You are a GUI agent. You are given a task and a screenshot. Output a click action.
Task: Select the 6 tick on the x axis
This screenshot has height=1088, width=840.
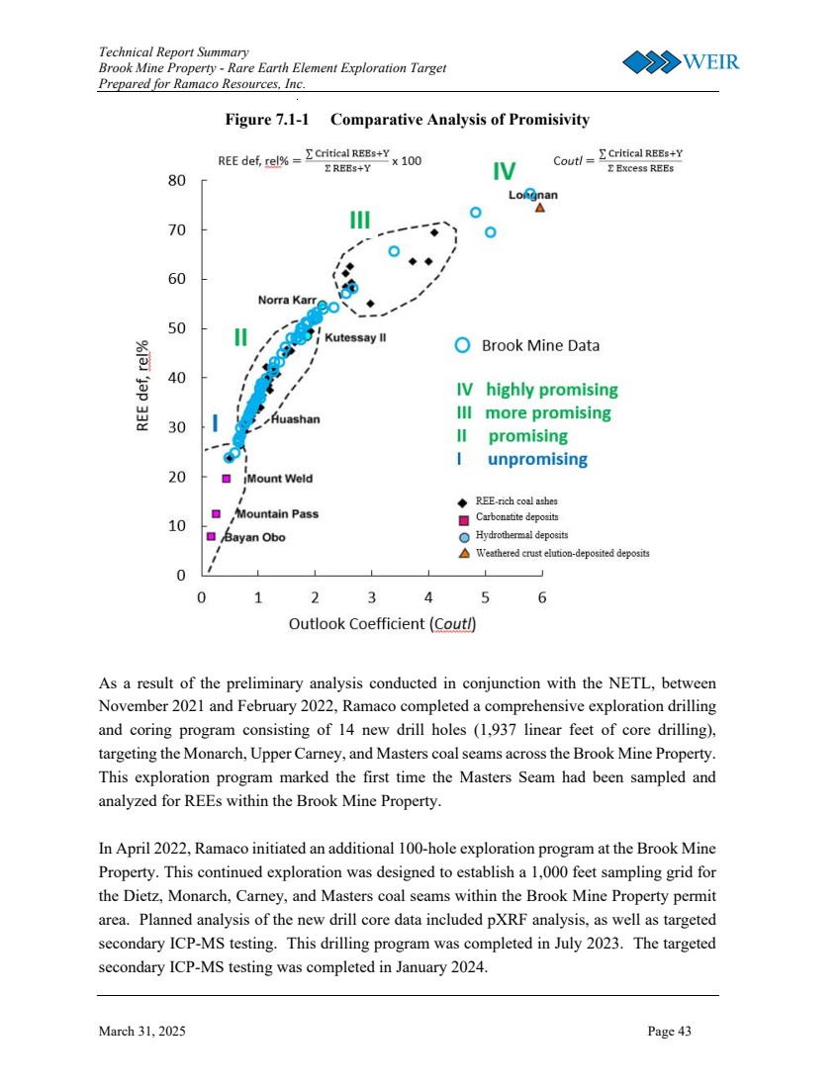(x=541, y=597)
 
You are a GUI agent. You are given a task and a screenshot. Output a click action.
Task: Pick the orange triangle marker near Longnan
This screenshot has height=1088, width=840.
(x=539, y=208)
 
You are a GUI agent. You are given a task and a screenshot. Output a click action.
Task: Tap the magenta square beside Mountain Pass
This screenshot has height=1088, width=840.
(x=216, y=514)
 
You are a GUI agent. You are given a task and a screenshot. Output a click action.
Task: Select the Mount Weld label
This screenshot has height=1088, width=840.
(x=279, y=479)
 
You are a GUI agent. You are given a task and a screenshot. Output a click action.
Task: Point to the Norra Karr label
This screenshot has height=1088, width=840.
(x=286, y=300)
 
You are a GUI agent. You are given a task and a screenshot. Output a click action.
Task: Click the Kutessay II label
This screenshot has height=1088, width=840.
(x=354, y=337)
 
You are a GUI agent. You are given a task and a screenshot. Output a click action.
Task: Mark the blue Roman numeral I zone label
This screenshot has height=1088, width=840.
(x=216, y=424)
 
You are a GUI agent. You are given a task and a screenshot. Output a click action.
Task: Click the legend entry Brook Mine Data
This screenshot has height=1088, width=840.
(x=539, y=345)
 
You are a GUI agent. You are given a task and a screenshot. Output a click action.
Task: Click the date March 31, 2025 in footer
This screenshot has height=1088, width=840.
(x=141, y=1032)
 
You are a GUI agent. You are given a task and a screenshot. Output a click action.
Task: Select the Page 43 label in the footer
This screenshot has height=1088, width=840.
(x=670, y=1032)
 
